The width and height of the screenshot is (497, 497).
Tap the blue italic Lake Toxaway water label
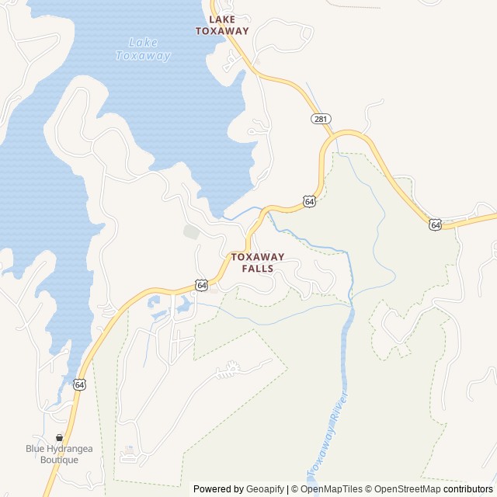(x=143, y=49)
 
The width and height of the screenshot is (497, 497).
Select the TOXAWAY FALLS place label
(x=258, y=262)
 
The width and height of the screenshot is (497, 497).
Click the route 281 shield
(x=321, y=119)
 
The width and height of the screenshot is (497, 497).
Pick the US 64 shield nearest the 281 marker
(x=310, y=201)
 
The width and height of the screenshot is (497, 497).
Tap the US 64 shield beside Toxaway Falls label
(x=201, y=285)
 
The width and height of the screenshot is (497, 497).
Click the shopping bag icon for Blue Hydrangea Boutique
(x=60, y=437)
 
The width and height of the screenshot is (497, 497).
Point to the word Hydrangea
(x=71, y=448)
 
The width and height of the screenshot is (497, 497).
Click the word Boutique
(x=60, y=460)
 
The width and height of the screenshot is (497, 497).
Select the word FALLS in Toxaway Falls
(x=258, y=269)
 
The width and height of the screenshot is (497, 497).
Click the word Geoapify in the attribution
(x=266, y=489)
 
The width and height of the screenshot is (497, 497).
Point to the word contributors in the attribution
(x=468, y=489)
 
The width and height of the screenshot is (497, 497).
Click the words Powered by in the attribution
(x=218, y=489)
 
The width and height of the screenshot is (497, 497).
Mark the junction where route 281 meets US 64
(x=336, y=137)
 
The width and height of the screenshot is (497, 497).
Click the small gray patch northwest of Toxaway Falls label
(x=191, y=231)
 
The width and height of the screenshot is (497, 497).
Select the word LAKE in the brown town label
(x=222, y=19)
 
